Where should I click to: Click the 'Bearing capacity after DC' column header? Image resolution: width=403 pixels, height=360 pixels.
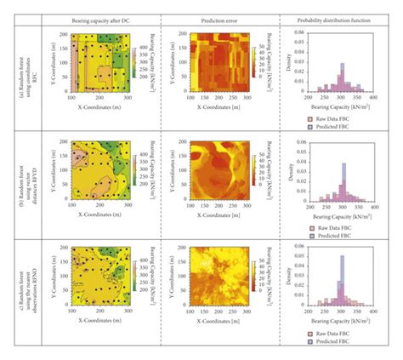101,18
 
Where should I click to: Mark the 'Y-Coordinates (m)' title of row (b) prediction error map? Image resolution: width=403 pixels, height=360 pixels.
168,169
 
